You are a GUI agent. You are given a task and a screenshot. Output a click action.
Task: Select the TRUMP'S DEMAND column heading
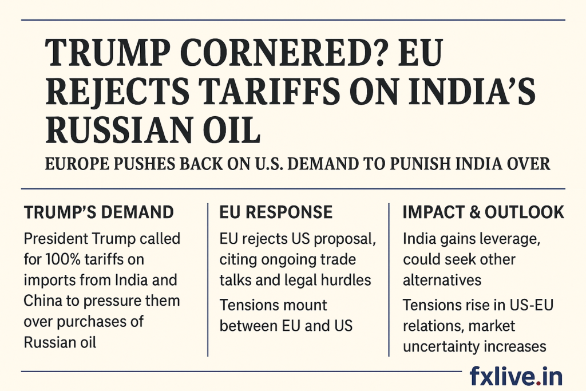pyautogui.click(x=98, y=212)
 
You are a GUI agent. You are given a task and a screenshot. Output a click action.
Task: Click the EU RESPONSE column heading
pyautogui.click(x=276, y=212)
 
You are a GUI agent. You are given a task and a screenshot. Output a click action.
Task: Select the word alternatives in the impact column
pyautogui.click(x=442, y=280)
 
